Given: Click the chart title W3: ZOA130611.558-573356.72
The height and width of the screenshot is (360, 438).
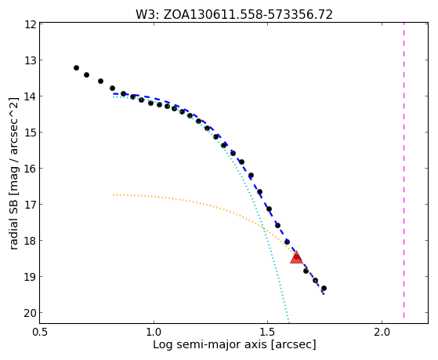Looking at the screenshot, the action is pyautogui.click(x=234, y=15).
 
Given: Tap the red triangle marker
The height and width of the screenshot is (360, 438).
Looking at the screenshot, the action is pyautogui.click(x=296, y=257).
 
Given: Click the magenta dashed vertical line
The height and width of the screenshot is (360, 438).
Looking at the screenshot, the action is pyautogui.click(x=404, y=170).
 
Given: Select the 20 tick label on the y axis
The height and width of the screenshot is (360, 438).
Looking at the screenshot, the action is pyautogui.click(x=31, y=313).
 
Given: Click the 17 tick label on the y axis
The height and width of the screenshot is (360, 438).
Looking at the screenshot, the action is pyautogui.click(x=31, y=205).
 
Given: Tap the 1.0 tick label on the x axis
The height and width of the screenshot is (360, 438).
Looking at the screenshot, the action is pyautogui.click(x=154, y=332).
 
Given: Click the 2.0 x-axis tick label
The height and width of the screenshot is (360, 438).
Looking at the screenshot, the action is pyautogui.click(x=382, y=332).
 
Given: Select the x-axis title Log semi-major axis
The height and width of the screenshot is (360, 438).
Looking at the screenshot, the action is pyautogui.click(x=209, y=344).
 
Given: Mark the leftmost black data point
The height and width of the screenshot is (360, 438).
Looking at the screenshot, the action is pyautogui.click(x=76, y=67).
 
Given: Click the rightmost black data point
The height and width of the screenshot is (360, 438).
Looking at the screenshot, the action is pyautogui.click(x=324, y=288).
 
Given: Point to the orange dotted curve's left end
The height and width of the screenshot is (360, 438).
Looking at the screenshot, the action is pyautogui.click(x=114, y=195).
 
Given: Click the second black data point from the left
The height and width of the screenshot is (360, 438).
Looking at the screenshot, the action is pyautogui.click(x=87, y=75).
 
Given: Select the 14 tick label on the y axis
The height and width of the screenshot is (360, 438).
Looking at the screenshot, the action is pyautogui.click(x=31, y=96).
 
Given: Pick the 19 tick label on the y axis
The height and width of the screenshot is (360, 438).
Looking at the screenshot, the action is pyautogui.click(x=31, y=277).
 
